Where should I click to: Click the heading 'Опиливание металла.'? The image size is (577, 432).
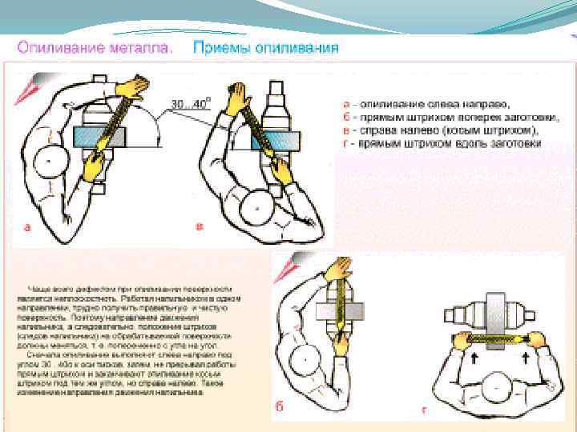(x=95, y=47)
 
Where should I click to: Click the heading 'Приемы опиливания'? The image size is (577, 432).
(x=265, y=47)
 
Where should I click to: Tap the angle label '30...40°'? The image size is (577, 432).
(x=190, y=103)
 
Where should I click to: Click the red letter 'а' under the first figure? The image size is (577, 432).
(x=26, y=227)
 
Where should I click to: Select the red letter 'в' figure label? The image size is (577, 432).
(x=200, y=227)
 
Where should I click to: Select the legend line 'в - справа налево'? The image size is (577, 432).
(x=439, y=130)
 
